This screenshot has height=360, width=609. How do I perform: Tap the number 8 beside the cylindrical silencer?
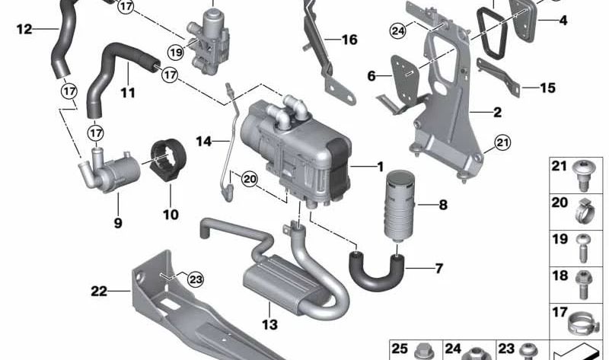[442, 205]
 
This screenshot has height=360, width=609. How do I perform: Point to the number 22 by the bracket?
[100, 289]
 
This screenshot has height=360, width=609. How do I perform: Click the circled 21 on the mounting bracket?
[500, 142]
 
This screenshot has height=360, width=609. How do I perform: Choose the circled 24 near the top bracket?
[397, 31]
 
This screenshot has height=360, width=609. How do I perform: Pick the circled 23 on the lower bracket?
[196, 279]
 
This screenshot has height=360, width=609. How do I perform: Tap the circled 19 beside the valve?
[176, 53]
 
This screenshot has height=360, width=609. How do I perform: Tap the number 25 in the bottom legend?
[400, 349]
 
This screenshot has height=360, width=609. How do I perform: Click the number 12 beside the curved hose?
[24, 30]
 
